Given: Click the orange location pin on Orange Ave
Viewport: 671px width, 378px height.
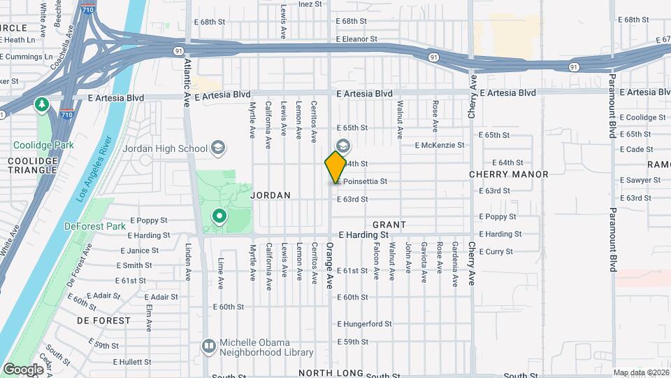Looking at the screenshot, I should click(x=335, y=167).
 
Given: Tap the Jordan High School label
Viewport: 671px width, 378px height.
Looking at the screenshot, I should click(x=165, y=148).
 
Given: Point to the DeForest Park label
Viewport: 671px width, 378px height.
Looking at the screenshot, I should click(x=94, y=226).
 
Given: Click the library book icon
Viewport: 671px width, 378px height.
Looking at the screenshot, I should click(x=208, y=346).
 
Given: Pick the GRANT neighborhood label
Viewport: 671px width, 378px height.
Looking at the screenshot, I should click(x=389, y=225).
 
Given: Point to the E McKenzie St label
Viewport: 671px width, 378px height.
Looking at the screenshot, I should click(x=440, y=146).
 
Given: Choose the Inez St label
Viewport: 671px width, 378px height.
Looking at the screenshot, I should click(x=310, y=3).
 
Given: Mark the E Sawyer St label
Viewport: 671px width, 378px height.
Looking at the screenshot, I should click(x=640, y=180).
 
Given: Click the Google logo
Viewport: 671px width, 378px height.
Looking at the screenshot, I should click(x=23, y=370).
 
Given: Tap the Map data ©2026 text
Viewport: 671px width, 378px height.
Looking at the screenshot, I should click(x=640, y=372).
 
